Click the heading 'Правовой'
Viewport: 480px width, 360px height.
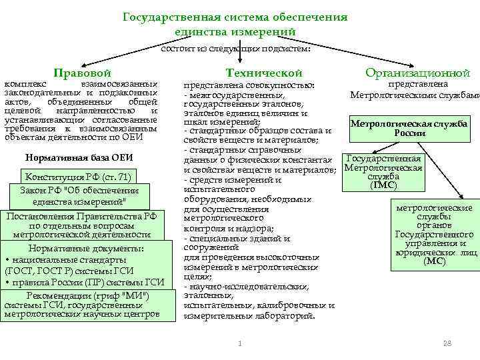pyautogui.click(x=82, y=73)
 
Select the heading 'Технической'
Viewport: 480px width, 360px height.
pyautogui.click(x=264, y=73)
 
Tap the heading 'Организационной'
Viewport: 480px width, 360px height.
pyautogui.click(x=417, y=73)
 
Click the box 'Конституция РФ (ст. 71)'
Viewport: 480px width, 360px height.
pyautogui.click(x=78, y=177)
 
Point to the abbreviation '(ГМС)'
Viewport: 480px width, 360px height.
pyautogui.click(x=383, y=185)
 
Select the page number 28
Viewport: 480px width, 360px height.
pyautogui.click(x=447, y=343)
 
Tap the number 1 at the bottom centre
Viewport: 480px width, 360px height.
pyautogui.click(x=239, y=343)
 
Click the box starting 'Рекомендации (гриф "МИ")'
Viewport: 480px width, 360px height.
pyautogui.click(x=82, y=305)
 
